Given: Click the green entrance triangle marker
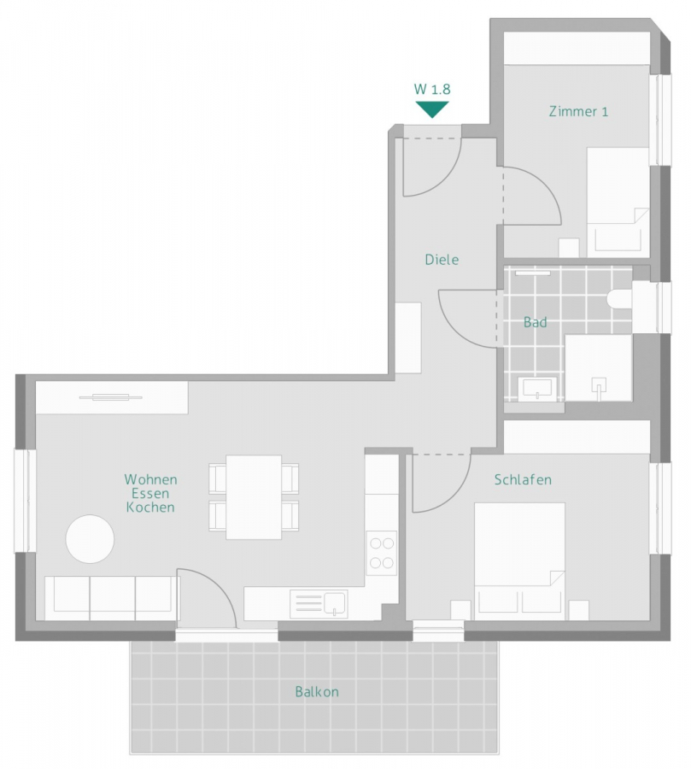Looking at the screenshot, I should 432,109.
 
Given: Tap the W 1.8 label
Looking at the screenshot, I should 432,89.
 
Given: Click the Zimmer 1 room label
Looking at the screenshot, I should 578,111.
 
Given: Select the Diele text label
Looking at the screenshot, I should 442,259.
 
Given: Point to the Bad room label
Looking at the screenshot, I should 536,322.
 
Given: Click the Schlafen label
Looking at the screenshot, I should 523,480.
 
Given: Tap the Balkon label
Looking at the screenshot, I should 317,692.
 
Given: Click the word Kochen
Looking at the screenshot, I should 150,508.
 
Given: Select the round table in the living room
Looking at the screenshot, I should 91,539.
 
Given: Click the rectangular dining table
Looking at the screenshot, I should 254,497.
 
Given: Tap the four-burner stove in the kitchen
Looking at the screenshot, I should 382,552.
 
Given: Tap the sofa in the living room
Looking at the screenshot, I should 112,596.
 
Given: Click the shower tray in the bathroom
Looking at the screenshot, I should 599,367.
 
